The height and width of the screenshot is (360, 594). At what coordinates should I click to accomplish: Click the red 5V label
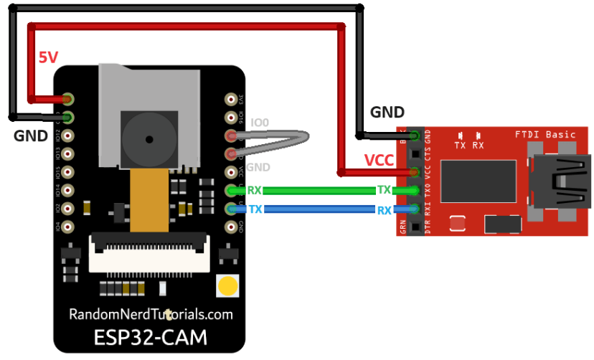[x=47, y=58]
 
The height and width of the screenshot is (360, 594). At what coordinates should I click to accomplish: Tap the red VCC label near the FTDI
[x=379, y=160]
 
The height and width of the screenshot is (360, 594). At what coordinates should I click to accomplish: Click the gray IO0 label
[x=259, y=123]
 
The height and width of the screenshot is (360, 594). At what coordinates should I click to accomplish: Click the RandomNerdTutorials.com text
[x=151, y=314]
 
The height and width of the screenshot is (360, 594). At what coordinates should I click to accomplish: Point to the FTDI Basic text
[x=544, y=134]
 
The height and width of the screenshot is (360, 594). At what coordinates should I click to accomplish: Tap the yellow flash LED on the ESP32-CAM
[x=227, y=286]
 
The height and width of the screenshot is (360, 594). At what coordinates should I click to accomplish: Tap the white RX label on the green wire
[x=254, y=191]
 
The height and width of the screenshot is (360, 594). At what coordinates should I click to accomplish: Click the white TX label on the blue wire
[x=254, y=209]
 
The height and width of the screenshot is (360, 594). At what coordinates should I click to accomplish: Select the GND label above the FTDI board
[x=387, y=113]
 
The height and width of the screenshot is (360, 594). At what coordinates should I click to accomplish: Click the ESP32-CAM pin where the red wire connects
[x=69, y=98]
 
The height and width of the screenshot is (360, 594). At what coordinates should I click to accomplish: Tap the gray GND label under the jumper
[x=258, y=167]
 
